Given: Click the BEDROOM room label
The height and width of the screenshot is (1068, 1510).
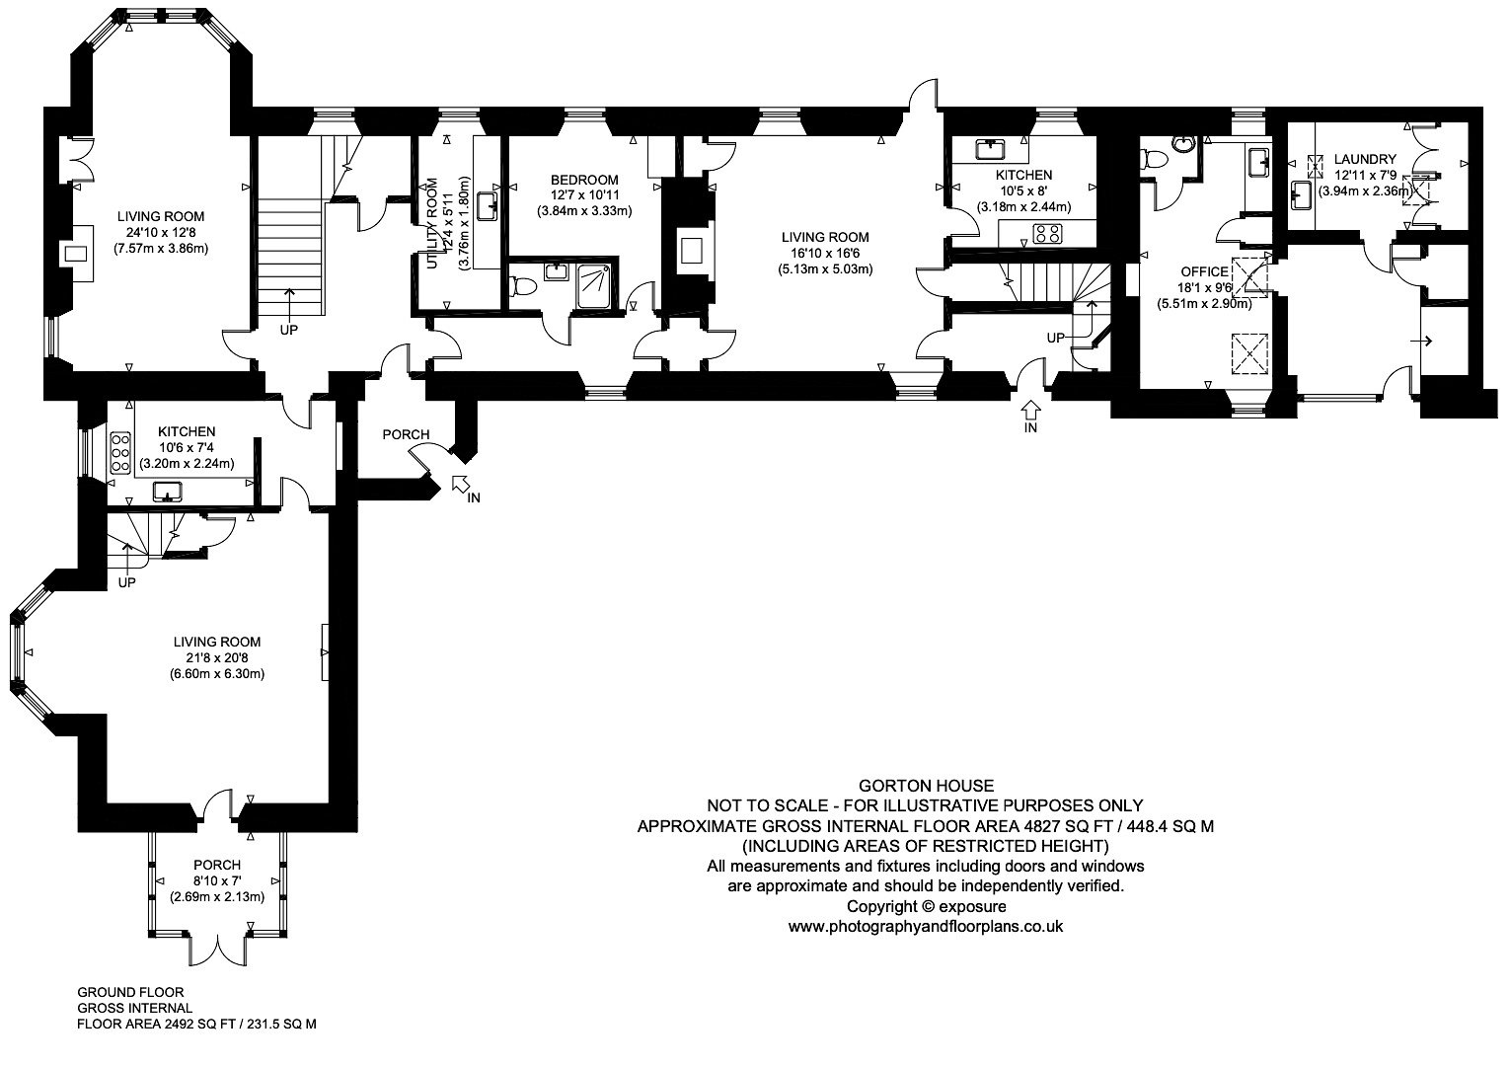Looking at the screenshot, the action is point(584,180).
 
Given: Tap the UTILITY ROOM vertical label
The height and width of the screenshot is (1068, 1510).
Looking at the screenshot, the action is point(433,224).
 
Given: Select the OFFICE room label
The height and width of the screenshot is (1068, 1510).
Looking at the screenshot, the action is point(1205,271).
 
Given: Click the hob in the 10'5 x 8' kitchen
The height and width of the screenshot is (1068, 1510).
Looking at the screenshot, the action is point(1047,234).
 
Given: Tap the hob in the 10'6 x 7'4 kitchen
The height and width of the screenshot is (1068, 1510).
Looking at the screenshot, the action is point(120,451).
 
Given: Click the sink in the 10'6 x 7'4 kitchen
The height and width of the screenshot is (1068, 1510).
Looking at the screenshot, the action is point(167,493).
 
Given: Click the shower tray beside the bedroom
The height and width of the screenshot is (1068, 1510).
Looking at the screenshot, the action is point(595,286).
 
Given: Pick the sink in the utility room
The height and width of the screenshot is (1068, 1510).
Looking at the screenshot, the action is point(487,206).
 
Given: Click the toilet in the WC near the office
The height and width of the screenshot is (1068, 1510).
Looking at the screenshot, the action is point(1154,160).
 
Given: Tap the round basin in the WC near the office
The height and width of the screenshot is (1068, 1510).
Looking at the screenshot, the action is point(1183,143).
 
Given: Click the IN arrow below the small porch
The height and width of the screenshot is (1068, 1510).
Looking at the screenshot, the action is point(461,483).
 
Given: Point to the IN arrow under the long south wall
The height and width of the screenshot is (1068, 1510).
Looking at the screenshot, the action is point(1030,409).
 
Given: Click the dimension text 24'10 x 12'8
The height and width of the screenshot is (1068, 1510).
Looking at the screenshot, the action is point(161,233).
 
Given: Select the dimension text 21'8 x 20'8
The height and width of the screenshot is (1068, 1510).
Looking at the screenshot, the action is point(216,658).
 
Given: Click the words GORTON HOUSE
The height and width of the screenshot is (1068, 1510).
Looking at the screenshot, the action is point(926,786).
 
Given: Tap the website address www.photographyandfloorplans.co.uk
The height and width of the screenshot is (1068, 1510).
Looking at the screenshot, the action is point(926,927).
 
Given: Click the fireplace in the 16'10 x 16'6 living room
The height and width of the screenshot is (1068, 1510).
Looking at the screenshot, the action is point(689,251).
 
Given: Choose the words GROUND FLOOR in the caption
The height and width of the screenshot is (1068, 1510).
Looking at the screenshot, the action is point(131,992).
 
